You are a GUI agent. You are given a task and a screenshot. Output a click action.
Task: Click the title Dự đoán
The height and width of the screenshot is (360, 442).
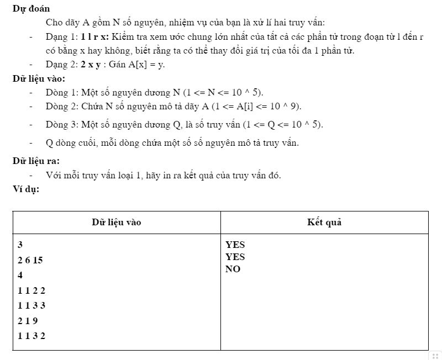(31, 9)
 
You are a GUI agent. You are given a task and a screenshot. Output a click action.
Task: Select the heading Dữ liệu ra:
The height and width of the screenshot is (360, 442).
(36, 161)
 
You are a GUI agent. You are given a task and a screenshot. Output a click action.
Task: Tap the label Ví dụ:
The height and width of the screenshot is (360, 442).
(26, 189)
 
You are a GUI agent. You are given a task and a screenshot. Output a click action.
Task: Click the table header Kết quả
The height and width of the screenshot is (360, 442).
(324, 223)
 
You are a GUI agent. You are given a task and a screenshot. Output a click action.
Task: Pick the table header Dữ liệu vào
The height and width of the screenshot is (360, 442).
(116, 223)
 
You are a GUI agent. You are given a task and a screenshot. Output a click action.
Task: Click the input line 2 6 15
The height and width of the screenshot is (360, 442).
(30, 260)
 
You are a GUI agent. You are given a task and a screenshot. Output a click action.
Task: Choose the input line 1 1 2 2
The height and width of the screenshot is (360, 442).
(31, 290)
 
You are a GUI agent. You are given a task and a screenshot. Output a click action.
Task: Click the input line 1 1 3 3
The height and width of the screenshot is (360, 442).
(31, 305)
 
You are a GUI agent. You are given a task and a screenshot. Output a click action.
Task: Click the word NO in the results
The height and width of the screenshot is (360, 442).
(233, 269)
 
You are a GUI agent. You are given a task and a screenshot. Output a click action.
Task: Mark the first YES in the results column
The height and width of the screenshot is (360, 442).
(235, 244)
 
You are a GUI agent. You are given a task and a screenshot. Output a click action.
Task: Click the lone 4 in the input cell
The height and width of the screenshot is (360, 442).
(20, 275)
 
